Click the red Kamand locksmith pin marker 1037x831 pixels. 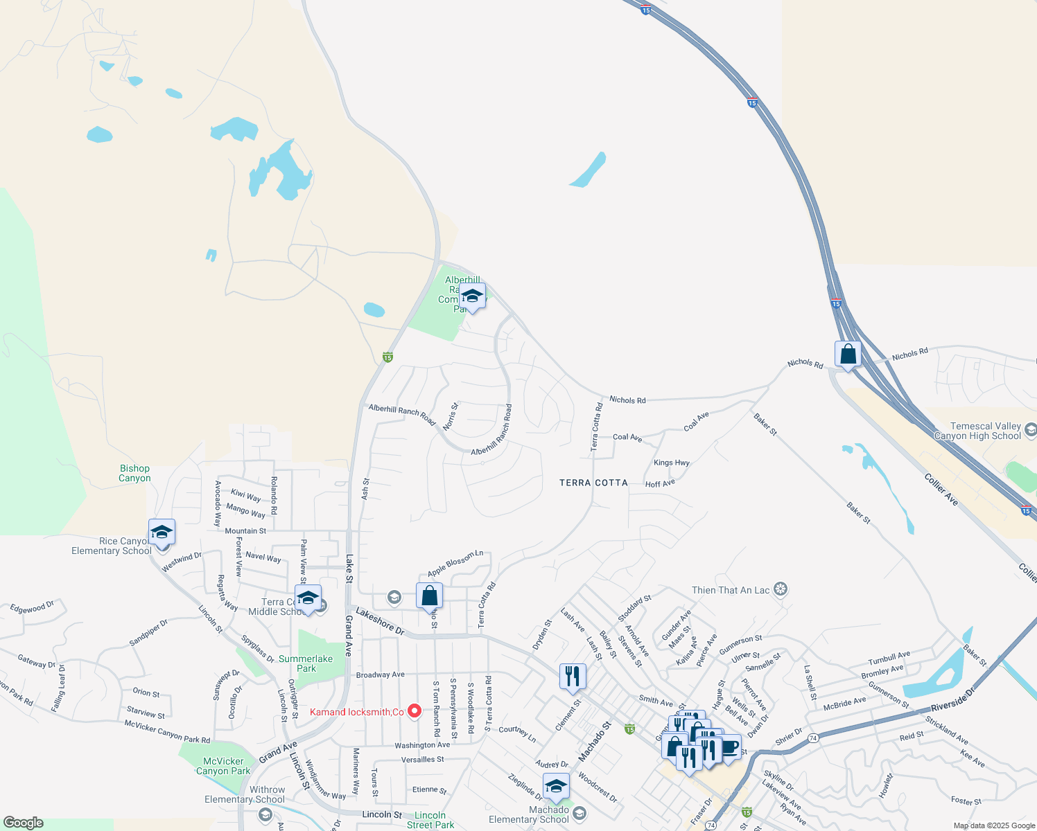click(415, 711)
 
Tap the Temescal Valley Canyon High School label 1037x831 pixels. click(977, 431)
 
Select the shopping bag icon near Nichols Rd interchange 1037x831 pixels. click(848, 355)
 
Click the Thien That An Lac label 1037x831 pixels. click(731, 590)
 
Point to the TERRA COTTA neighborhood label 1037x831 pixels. click(593, 483)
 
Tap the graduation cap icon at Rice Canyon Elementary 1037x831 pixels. click(162, 533)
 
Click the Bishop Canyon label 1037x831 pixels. click(134, 473)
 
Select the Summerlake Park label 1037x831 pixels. click(306, 663)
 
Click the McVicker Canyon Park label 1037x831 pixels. click(223, 766)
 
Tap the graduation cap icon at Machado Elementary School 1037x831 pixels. click(556, 787)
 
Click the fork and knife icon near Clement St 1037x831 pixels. click(573, 677)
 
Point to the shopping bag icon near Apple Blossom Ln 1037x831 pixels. click(429, 596)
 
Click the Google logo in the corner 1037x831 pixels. click(23, 823)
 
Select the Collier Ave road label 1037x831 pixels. click(941, 489)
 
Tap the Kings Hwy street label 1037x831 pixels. click(671, 463)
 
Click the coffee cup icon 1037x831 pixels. click(729, 748)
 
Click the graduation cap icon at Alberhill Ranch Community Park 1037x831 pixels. click(472, 296)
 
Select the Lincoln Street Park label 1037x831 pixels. click(430, 820)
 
